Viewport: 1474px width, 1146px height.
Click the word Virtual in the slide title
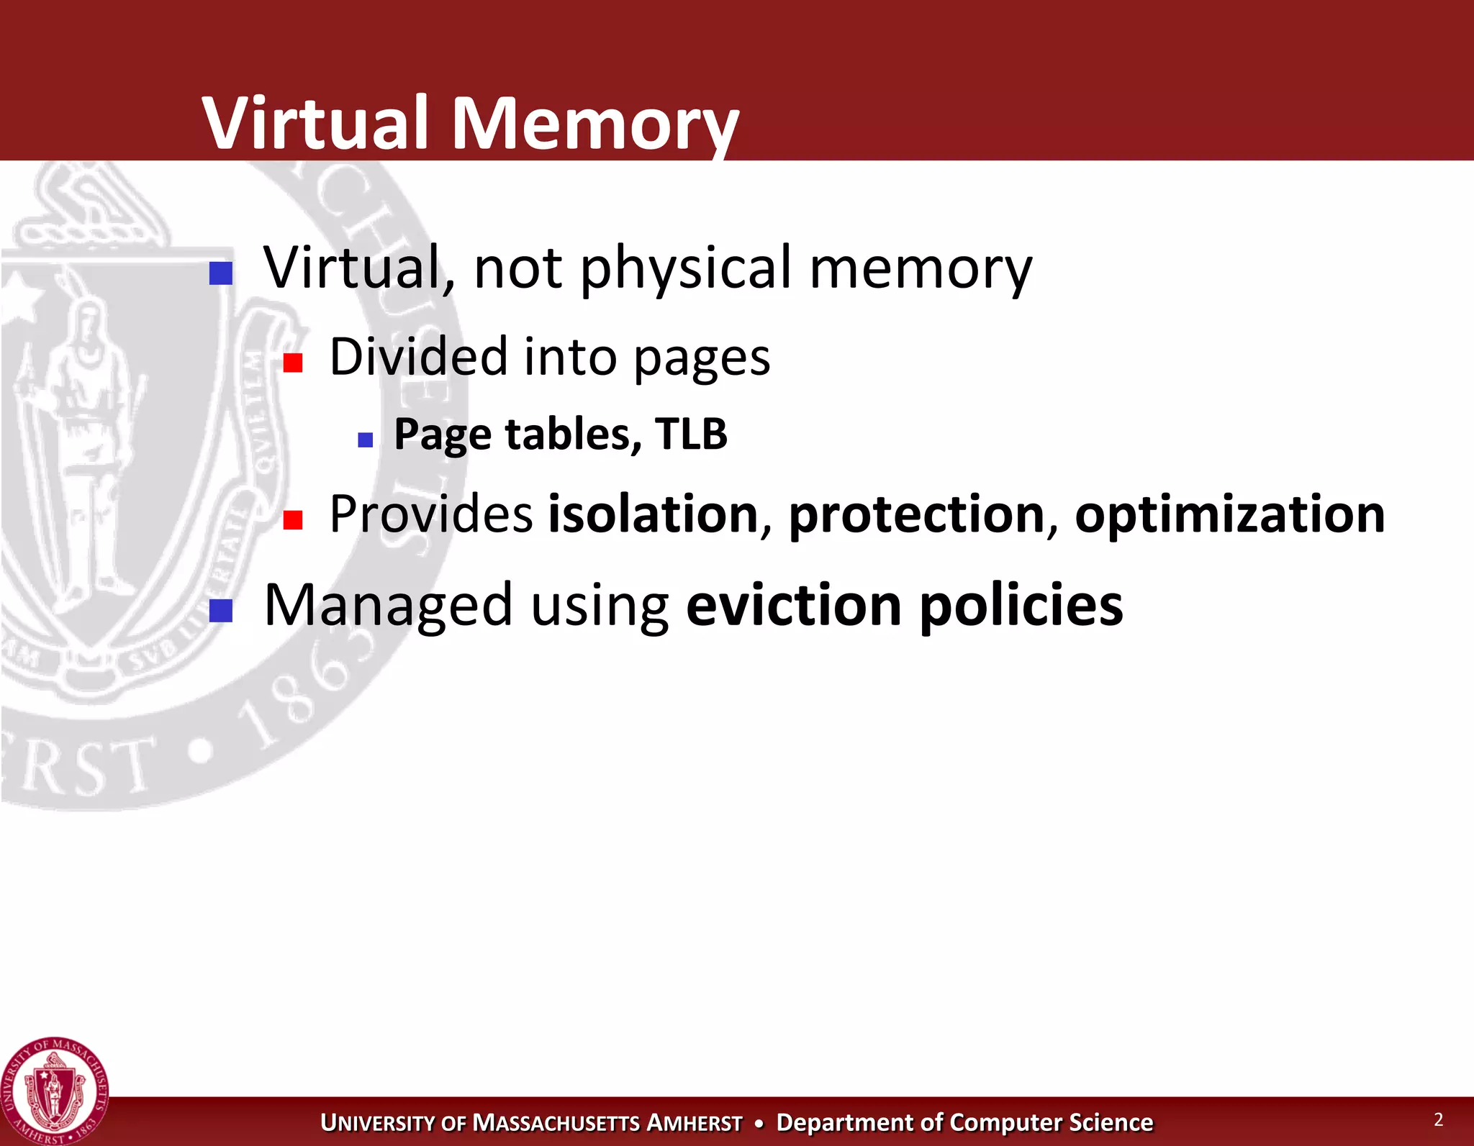click(317, 123)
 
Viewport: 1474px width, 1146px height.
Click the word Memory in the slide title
click(594, 124)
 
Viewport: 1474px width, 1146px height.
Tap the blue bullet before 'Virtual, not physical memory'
click(221, 273)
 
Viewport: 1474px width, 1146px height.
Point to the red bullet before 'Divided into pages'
click(293, 363)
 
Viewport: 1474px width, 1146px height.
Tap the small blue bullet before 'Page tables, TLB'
click(366, 440)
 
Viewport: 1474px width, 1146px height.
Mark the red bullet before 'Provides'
click(293, 519)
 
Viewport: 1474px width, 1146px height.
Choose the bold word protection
click(916, 515)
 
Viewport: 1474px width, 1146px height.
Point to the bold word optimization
click(1229, 515)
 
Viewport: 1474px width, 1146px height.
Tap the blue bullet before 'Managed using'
click(221, 611)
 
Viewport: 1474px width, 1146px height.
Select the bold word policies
click(1021, 605)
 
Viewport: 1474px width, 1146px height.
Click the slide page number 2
click(1438, 1119)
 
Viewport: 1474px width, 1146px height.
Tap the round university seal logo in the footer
click(55, 1091)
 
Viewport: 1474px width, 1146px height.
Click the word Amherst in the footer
click(695, 1123)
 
